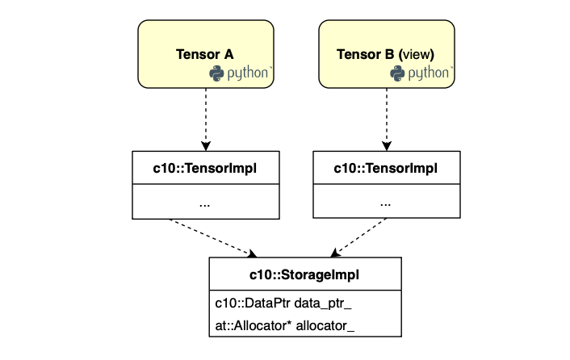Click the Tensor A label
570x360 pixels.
click(x=204, y=55)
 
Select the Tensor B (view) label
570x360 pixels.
click(x=385, y=55)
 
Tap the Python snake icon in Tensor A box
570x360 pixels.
click(x=216, y=73)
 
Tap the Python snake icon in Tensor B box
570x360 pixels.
click(x=397, y=73)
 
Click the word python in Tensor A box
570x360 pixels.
click(x=248, y=73)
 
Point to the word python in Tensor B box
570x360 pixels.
click(x=429, y=73)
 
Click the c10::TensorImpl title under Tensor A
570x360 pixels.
click(x=204, y=168)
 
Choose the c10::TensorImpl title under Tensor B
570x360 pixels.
click(x=386, y=168)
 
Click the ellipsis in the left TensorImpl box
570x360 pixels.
click(x=204, y=205)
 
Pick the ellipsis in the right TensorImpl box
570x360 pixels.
click(x=385, y=205)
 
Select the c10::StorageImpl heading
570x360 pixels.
click(x=304, y=274)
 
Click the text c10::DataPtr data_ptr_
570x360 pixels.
click(x=283, y=303)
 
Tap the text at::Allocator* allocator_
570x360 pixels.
click(x=285, y=325)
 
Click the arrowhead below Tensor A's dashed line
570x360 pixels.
click(x=206, y=146)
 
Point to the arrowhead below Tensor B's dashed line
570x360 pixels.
click(x=387, y=146)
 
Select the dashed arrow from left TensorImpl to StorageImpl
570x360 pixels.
click(x=213, y=238)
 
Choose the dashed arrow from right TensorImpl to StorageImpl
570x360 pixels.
click(x=358, y=237)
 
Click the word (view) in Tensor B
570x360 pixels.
click(x=417, y=55)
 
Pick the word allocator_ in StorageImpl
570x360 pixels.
click(x=325, y=326)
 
